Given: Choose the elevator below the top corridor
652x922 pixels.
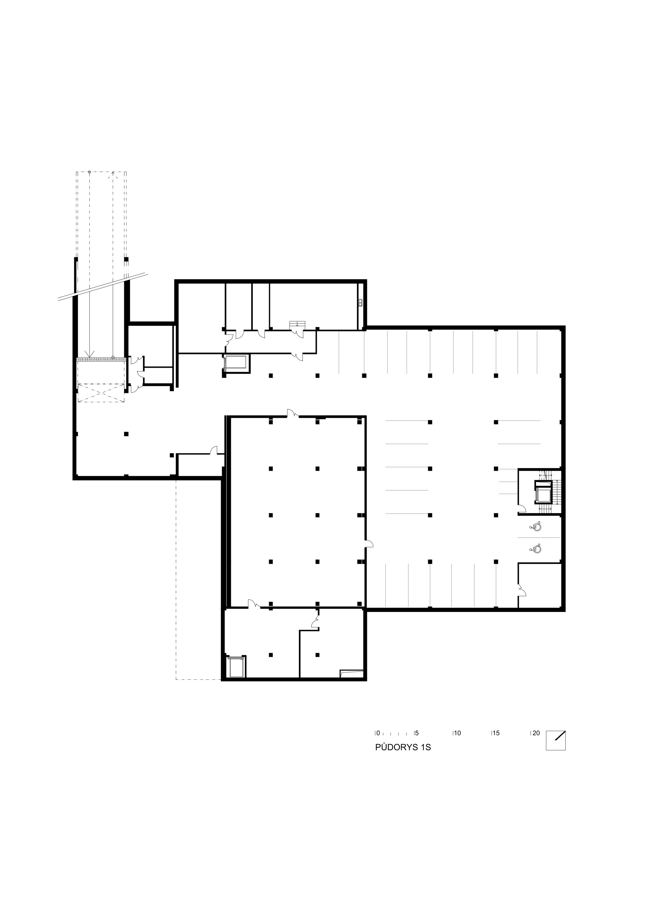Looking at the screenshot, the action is pyautogui.click(x=236, y=364).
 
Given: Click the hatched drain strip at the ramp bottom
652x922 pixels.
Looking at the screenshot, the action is pyautogui.click(x=102, y=359).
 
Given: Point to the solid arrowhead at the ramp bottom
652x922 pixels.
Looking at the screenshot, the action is pyautogui.click(x=89, y=354).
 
